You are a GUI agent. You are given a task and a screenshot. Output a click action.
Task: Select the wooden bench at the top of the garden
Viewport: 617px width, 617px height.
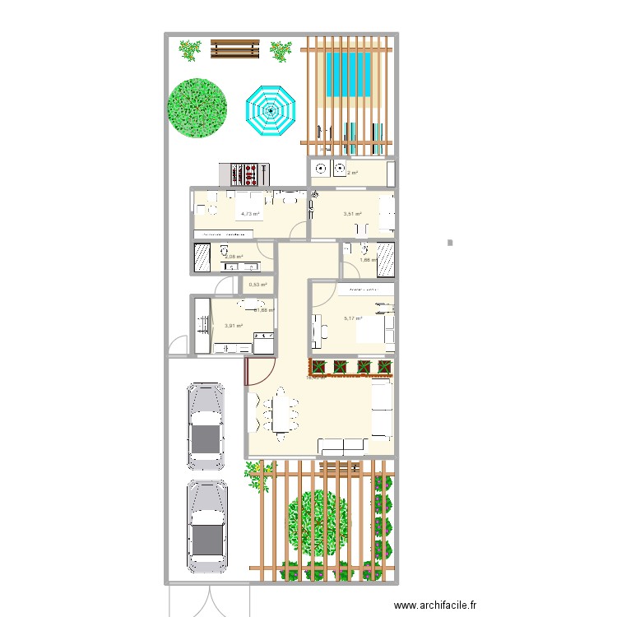[x=235, y=50]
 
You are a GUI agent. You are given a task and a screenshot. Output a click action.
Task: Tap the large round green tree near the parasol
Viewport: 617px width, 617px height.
[x=197, y=107]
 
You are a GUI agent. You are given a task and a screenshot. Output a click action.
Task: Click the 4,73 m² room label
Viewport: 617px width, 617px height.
[x=249, y=214]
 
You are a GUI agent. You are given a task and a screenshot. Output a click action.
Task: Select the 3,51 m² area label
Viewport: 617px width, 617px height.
[x=353, y=214]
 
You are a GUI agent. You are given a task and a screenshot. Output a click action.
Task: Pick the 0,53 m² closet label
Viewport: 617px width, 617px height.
[x=257, y=285]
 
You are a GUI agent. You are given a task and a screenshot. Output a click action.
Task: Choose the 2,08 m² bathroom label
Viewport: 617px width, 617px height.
[x=234, y=257]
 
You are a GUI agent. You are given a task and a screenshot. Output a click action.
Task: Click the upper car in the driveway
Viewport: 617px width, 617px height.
[x=206, y=425]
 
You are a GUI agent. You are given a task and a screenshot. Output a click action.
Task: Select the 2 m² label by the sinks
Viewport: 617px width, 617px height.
[x=353, y=173]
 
